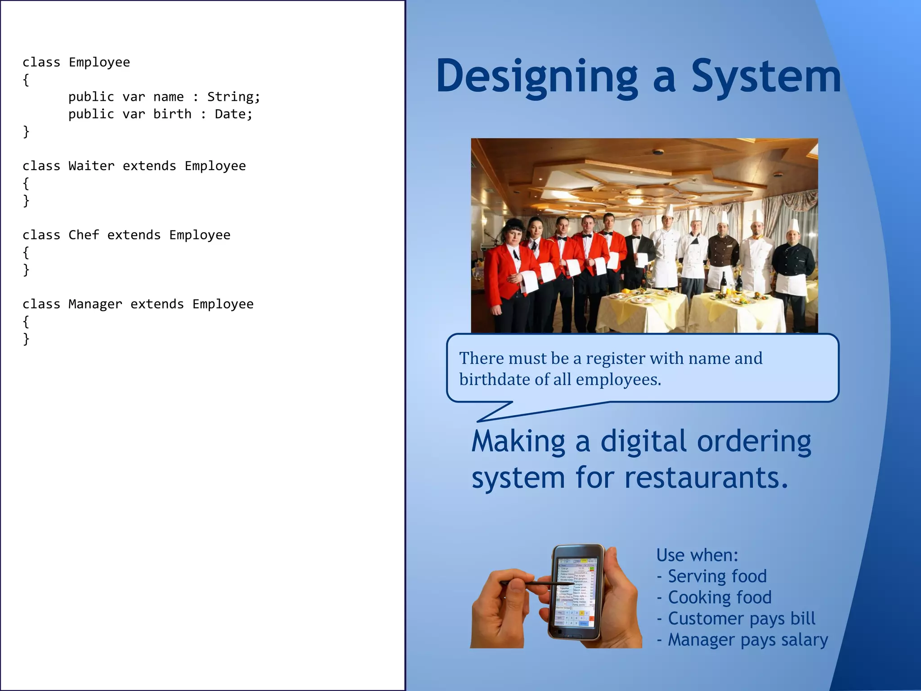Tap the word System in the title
pos(765,76)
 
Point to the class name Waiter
pos(91,166)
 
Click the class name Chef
pos(84,235)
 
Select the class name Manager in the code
pos(95,304)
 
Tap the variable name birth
pos(172,114)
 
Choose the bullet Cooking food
pos(719,597)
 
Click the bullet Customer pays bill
pos(741,619)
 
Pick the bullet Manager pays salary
pos(747,640)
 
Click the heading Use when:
pos(697,555)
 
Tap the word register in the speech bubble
pos(615,359)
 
